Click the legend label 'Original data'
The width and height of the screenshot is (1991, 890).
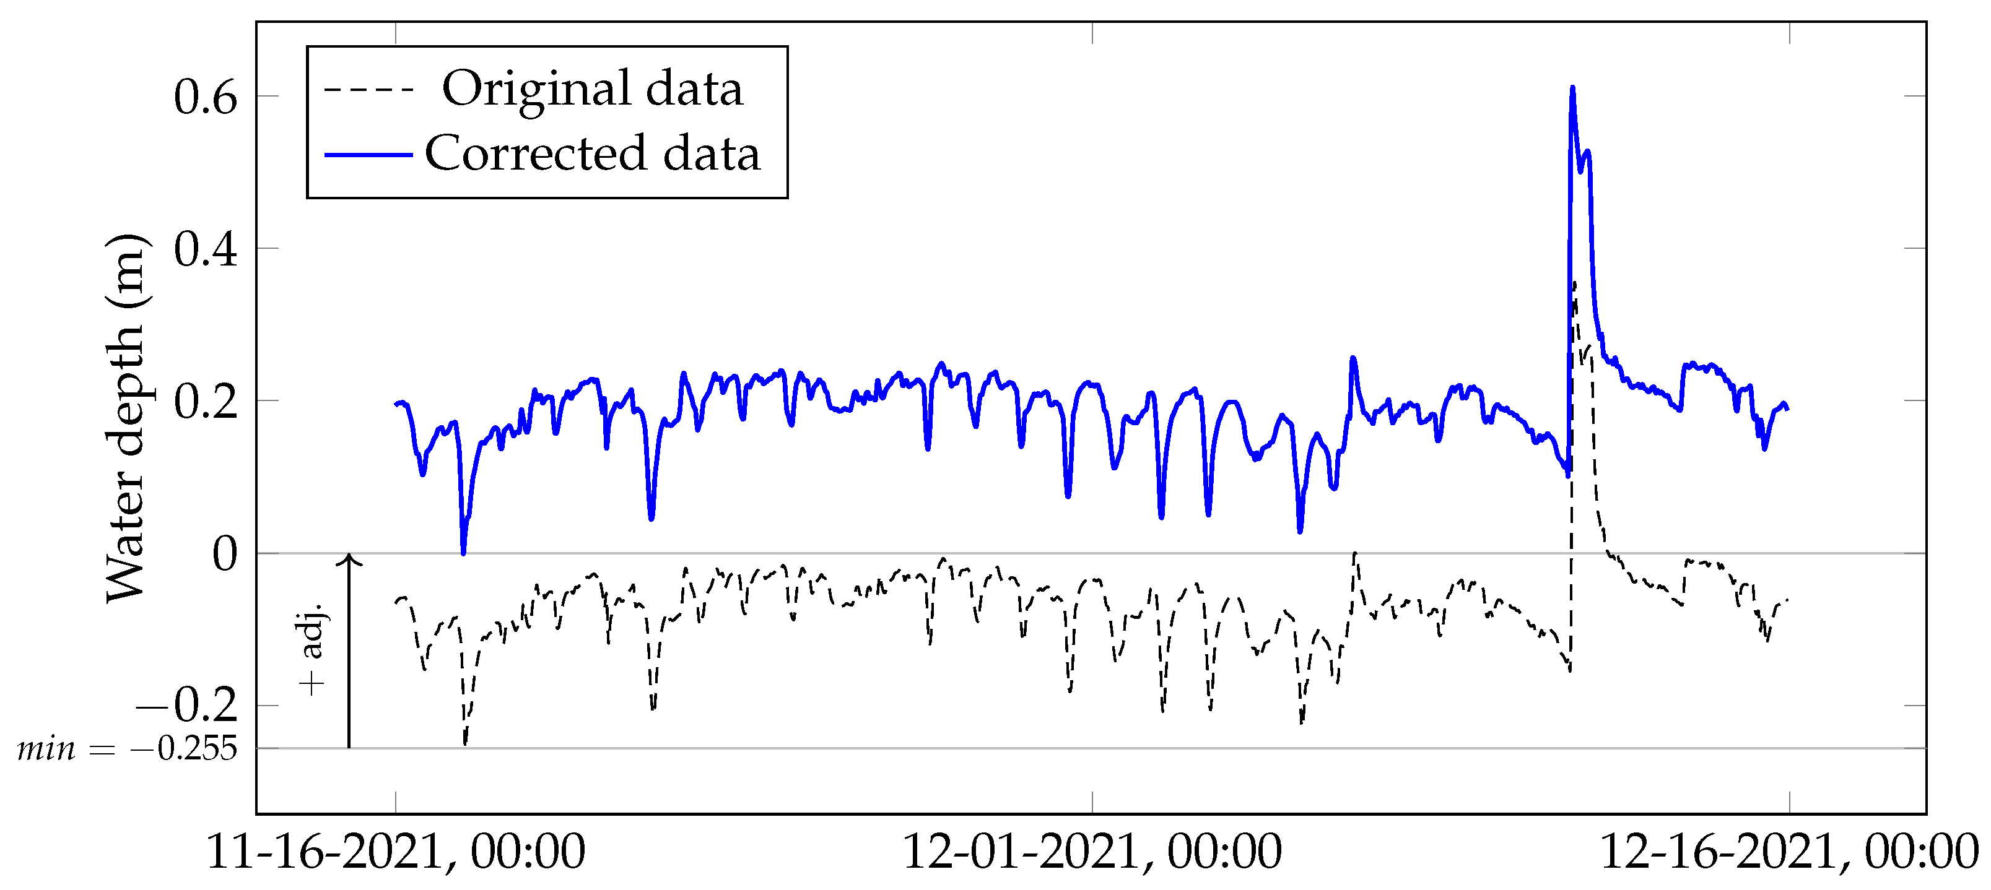[x=592, y=89]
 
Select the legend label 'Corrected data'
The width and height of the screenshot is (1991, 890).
[x=592, y=153]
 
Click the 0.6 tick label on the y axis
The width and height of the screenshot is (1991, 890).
[x=205, y=97]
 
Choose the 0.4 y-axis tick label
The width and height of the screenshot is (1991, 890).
[x=205, y=249]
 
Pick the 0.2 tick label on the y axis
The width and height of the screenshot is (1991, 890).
[x=205, y=402]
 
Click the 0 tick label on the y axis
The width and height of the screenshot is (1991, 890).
[x=225, y=554]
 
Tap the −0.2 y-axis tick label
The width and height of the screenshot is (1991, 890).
[x=186, y=704]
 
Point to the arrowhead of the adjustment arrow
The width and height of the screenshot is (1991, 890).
[x=349, y=558]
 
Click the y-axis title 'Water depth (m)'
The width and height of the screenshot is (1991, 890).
[x=125, y=417]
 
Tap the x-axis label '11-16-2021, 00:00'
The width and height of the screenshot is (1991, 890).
[x=396, y=852]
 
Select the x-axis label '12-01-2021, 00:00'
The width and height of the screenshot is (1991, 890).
[x=1092, y=852]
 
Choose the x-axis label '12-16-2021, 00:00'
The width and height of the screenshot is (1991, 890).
[x=1788, y=852]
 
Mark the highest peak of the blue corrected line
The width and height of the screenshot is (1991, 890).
[x=1573, y=88]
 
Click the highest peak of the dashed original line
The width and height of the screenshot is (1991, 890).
[x=1574, y=283]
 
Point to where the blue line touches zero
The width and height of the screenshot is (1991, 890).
[x=463, y=553]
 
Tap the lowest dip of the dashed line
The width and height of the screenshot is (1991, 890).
[x=464, y=745]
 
